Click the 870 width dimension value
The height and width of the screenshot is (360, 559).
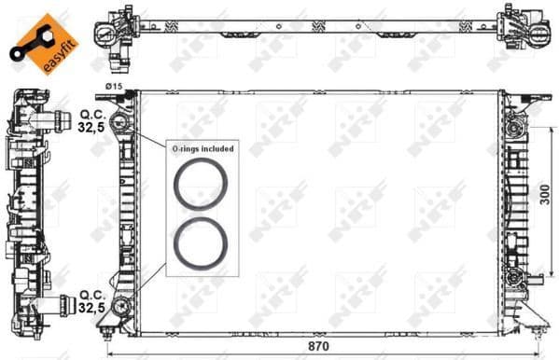pos(320,346)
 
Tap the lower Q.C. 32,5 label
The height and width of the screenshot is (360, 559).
pos(91,300)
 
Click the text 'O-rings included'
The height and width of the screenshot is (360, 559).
pos(202,148)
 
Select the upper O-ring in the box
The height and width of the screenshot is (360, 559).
pos(200,183)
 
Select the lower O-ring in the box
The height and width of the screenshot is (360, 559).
pos(200,242)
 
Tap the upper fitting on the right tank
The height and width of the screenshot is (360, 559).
pos(511,125)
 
